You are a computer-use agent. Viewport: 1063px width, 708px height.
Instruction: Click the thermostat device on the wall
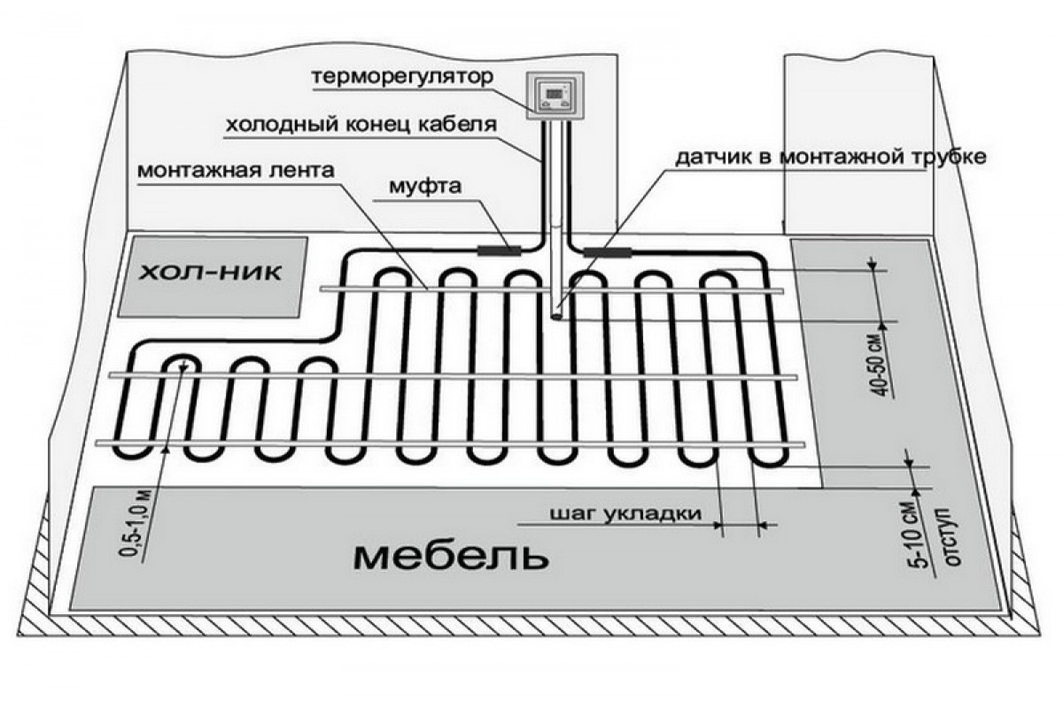[554, 96]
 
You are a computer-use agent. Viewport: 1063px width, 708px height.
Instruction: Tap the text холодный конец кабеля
[361, 125]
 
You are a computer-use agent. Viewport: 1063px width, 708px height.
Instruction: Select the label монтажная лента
[237, 171]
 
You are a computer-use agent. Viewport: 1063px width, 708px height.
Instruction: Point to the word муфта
[419, 188]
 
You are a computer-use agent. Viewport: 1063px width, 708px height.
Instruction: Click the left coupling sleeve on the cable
[500, 250]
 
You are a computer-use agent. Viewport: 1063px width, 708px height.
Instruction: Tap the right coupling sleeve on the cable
[607, 252]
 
